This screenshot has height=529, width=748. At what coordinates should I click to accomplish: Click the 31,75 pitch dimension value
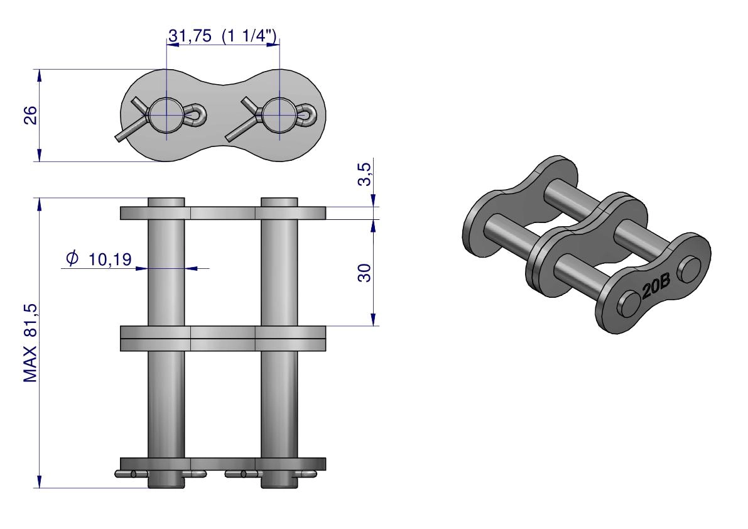pos(190,36)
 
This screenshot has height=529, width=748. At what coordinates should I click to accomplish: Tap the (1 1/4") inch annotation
pos(249,36)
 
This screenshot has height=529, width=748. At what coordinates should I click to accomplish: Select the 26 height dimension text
pos(31,115)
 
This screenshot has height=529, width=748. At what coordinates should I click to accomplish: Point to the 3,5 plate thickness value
pos(364,174)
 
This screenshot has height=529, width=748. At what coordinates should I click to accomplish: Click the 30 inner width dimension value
pos(364,273)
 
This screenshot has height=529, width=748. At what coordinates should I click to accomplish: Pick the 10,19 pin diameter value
pos(110,259)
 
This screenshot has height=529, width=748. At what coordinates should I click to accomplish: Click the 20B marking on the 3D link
pos(656,285)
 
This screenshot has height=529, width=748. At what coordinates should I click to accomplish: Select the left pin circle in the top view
pos(166,115)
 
